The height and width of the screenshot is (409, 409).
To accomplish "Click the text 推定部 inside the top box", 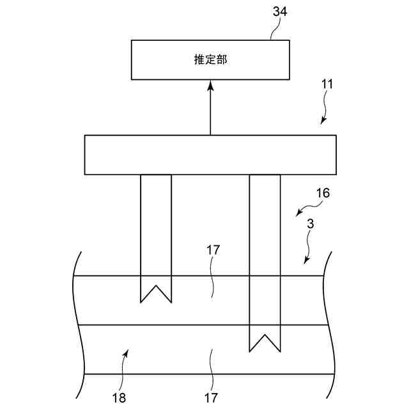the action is (210, 60).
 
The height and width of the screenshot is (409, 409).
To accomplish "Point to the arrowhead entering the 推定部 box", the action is (210, 86).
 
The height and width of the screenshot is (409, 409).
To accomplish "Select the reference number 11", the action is (327, 84).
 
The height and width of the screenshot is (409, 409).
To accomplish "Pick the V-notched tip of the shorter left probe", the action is (156, 295).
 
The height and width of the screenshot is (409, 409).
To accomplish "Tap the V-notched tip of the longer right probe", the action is (265, 343).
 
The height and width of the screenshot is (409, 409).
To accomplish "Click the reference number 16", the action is (323, 193).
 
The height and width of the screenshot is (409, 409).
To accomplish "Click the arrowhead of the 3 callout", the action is (305, 261).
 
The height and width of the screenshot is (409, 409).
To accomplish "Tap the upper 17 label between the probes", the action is (213, 250).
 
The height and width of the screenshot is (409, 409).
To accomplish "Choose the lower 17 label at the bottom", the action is (211, 397).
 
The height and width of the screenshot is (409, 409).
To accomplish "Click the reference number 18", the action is (119, 397).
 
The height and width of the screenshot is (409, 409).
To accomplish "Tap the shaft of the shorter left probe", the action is (156, 224).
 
